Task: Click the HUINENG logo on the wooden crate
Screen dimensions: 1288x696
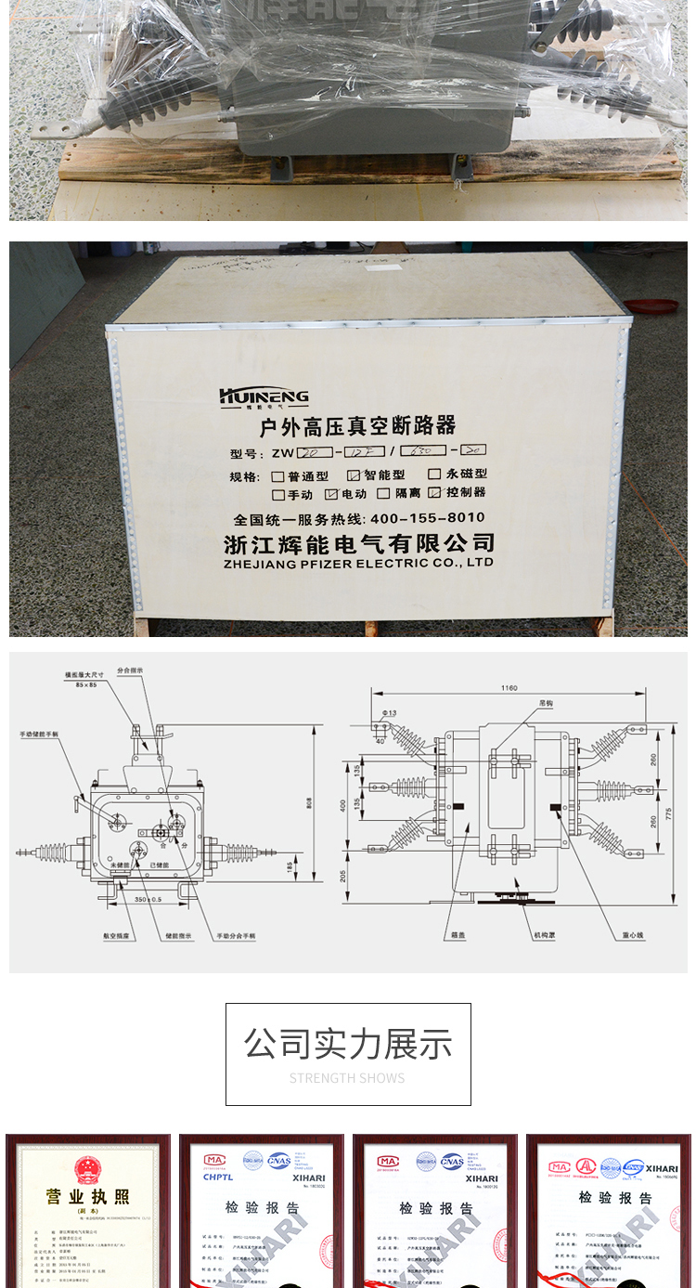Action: [264, 397]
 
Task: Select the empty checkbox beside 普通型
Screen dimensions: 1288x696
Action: [277, 476]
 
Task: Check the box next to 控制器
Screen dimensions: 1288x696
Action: [434, 493]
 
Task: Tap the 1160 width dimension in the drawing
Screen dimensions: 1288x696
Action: [508, 688]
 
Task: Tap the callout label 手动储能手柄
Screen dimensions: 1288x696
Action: [38, 734]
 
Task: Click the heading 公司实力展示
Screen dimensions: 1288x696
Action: [348, 1044]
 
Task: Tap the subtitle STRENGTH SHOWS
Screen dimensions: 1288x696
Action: [347, 1078]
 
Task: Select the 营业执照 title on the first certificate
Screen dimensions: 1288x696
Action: [88, 1197]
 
